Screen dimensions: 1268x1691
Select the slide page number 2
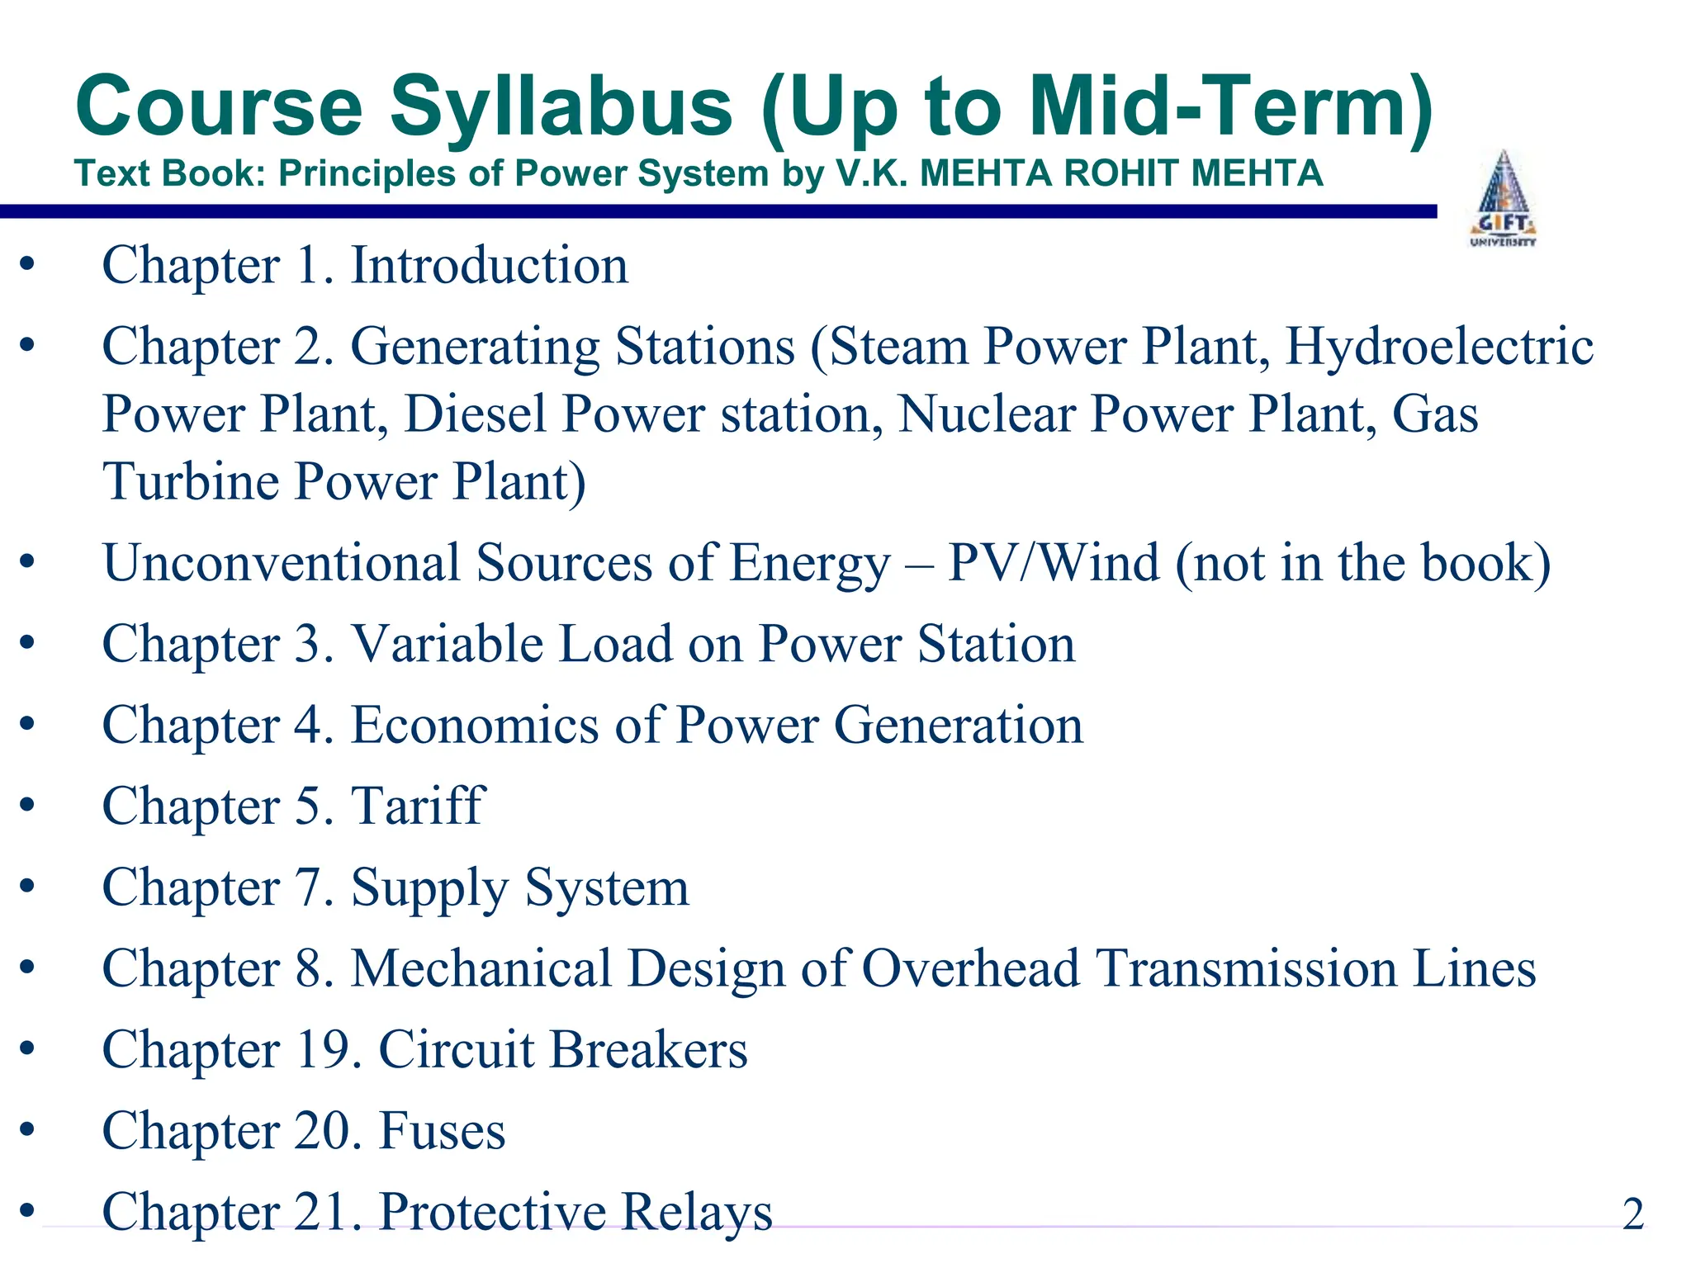pyautogui.click(x=1632, y=1214)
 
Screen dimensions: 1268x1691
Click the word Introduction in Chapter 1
pyautogui.click(x=490, y=266)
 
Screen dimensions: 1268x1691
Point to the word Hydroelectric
pyautogui.click(x=1439, y=346)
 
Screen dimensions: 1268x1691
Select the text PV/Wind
pyautogui.click(x=1054, y=563)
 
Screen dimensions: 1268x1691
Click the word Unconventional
pyautogui.click(x=281, y=563)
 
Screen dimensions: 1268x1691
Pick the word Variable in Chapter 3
pyautogui.click(x=447, y=644)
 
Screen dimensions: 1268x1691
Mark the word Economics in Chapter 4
pyautogui.click(x=475, y=725)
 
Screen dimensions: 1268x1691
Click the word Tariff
pyautogui.click(x=418, y=806)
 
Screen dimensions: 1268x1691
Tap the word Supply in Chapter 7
pyautogui.click(x=429, y=888)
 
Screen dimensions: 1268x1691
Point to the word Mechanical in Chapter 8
pyautogui.click(x=481, y=968)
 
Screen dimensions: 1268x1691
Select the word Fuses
pyautogui.click(x=442, y=1130)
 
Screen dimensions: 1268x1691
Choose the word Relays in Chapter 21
pyautogui.click(x=696, y=1212)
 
